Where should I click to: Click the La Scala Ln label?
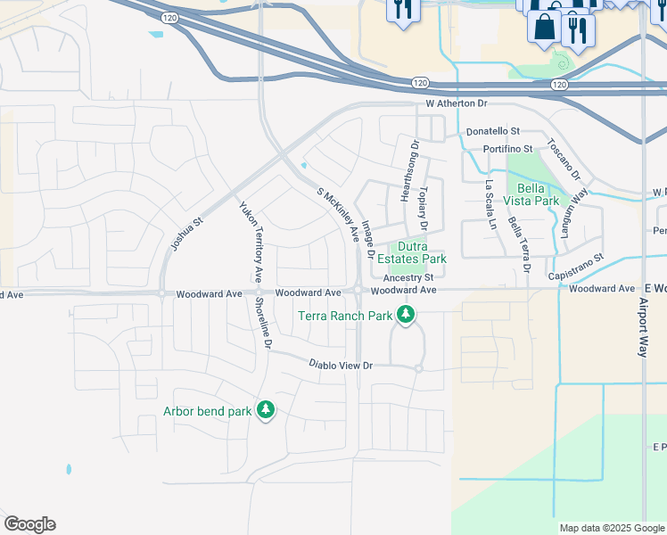coord(490,206)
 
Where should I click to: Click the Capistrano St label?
coord(576,256)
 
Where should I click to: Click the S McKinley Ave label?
coord(339,215)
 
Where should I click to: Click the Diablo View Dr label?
coord(340,365)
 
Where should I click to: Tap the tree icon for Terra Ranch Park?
coord(406,315)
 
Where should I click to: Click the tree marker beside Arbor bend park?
coord(265,410)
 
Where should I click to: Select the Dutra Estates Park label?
coord(409,252)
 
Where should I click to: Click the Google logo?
coord(29,524)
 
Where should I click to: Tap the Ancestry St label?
coord(408,277)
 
